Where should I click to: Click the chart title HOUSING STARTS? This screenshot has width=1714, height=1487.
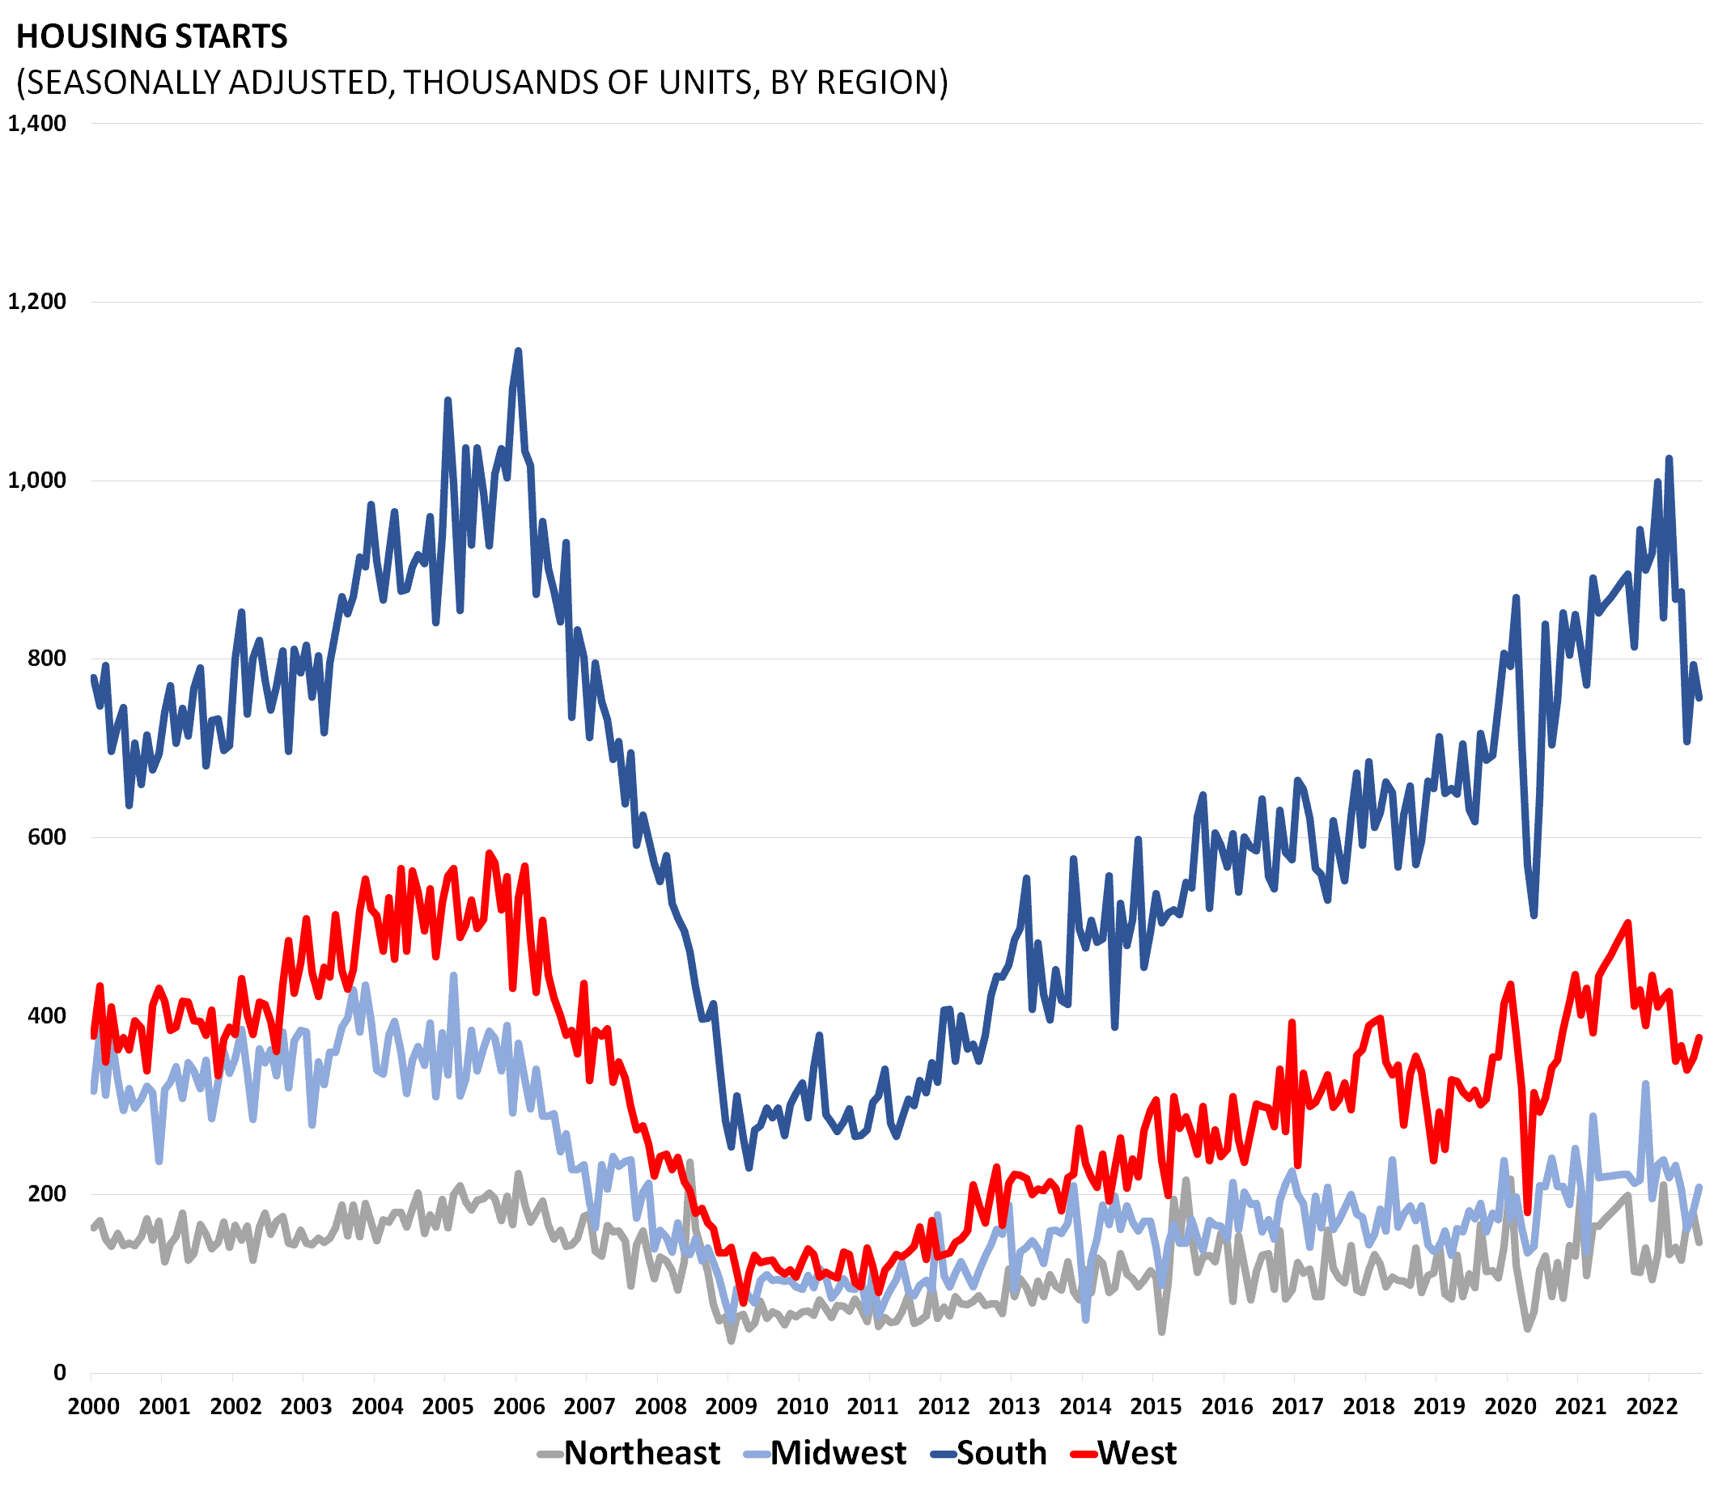pyautogui.click(x=152, y=36)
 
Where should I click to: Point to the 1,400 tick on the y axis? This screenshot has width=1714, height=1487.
pyautogui.click(x=36, y=124)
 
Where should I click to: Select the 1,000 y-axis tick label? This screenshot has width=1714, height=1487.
pyautogui.click(x=36, y=481)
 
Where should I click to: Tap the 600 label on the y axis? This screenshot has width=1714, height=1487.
pyautogui.click(x=46, y=837)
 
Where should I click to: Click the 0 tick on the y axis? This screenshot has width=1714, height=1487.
pyautogui.click(x=59, y=1372)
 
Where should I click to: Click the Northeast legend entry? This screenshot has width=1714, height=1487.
pyautogui.click(x=629, y=1453)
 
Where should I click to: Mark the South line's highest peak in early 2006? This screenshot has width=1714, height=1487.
pyautogui.click(x=519, y=352)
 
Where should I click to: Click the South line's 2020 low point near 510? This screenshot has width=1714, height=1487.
pyautogui.click(x=1534, y=915)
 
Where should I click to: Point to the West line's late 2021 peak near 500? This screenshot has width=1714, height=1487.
pyautogui.click(x=1627, y=923)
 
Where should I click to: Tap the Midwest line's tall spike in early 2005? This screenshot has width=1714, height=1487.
pyautogui.click(x=453, y=976)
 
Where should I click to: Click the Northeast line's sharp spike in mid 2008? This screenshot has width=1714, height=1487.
pyautogui.click(x=689, y=1163)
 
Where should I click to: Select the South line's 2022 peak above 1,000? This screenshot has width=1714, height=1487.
pyautogui.click(x=1669, y=458)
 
